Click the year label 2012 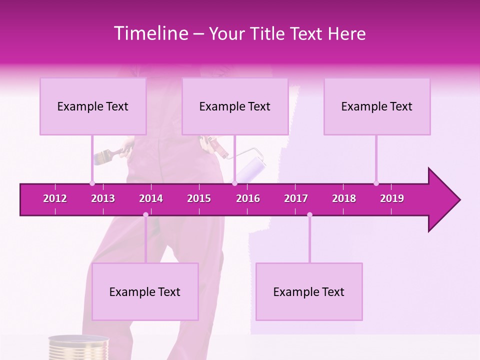(x=55, y=198)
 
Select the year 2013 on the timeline (x=103, y=198)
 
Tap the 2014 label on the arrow (x=151, y=198)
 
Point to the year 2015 (x=199, y=198)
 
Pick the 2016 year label (x=248, y=198)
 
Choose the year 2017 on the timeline (x=296, y=198)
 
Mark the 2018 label (x=344, y=198)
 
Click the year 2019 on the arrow (x=392, y=198)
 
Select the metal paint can (x=78, y=347)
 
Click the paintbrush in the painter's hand (x=102, y=156)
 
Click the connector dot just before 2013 (x=92, y=183)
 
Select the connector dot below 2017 (x=309, y=215)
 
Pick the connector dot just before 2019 (x=376, y=183)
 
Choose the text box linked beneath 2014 (x=145, y=291)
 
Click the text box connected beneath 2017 (x=309, y=291)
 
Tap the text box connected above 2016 (x=235, y=106)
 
